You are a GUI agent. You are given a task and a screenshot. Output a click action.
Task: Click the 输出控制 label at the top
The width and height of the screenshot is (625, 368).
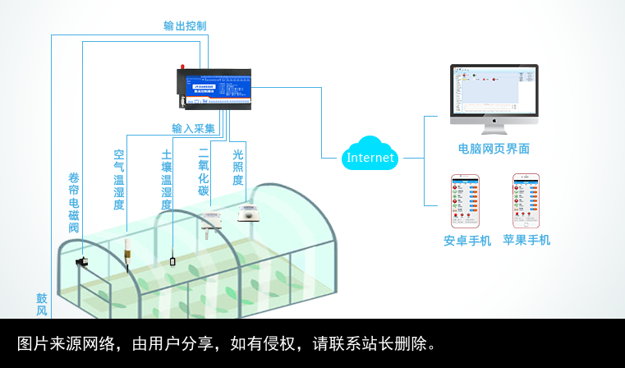click(x=185, y=25)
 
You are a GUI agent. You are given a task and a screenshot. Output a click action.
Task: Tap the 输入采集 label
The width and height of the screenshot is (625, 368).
click(x=193, y=129)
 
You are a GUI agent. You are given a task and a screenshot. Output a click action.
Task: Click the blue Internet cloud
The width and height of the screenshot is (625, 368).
click(x=370, y=154)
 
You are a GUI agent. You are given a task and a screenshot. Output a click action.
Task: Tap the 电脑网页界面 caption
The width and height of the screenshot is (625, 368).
click(x=494, y=149)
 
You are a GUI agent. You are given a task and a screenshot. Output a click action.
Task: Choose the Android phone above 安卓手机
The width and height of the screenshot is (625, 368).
click(x=466, y=200)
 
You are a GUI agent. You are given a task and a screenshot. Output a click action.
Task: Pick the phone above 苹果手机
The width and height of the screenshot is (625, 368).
click(x=526, y=200)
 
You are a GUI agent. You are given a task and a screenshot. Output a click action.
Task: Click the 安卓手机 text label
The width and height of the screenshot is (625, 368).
click(x=467, y=241)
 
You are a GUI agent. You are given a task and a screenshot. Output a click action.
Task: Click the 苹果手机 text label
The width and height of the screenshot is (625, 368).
click(x=526, y=240)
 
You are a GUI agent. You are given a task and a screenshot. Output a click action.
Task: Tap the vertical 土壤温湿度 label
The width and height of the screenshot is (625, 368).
click(x=167, y=179)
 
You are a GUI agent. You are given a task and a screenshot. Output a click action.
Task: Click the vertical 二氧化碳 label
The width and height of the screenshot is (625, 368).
click(x=204, y=172)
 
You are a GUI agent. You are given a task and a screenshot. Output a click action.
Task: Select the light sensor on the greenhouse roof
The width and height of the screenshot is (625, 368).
click(x=248, y=214)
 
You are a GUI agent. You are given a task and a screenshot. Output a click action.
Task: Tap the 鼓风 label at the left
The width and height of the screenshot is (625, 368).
click(x=41, y=304)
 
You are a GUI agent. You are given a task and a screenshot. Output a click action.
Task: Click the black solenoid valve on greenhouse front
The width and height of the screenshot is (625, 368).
click(x=82, y=261)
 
